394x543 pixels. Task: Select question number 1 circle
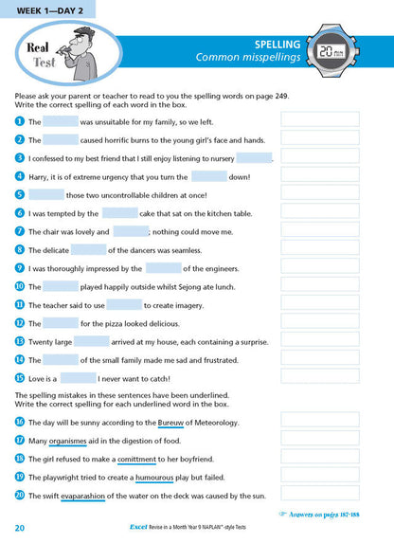[19, 121]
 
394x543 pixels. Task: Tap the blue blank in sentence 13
[92, 340]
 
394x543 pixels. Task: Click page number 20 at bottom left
[20, 527]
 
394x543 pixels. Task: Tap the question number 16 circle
[19, 422]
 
